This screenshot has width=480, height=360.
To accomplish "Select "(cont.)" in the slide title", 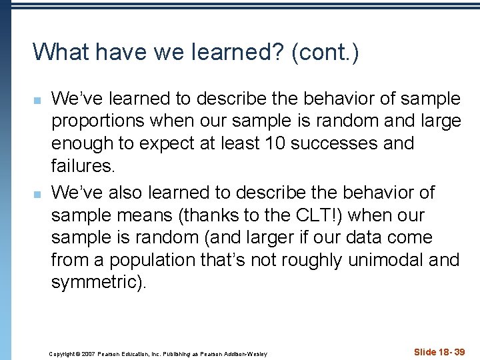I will pos(325,52).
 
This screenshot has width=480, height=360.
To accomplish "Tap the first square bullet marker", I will pos(37,101).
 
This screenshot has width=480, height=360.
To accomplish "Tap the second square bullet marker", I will pos(37,194).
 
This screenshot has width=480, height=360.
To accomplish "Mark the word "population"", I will pos(143,260).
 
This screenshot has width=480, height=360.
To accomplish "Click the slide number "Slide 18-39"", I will pos(439,351).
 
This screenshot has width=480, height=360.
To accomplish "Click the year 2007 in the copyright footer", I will pos(85,354).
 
